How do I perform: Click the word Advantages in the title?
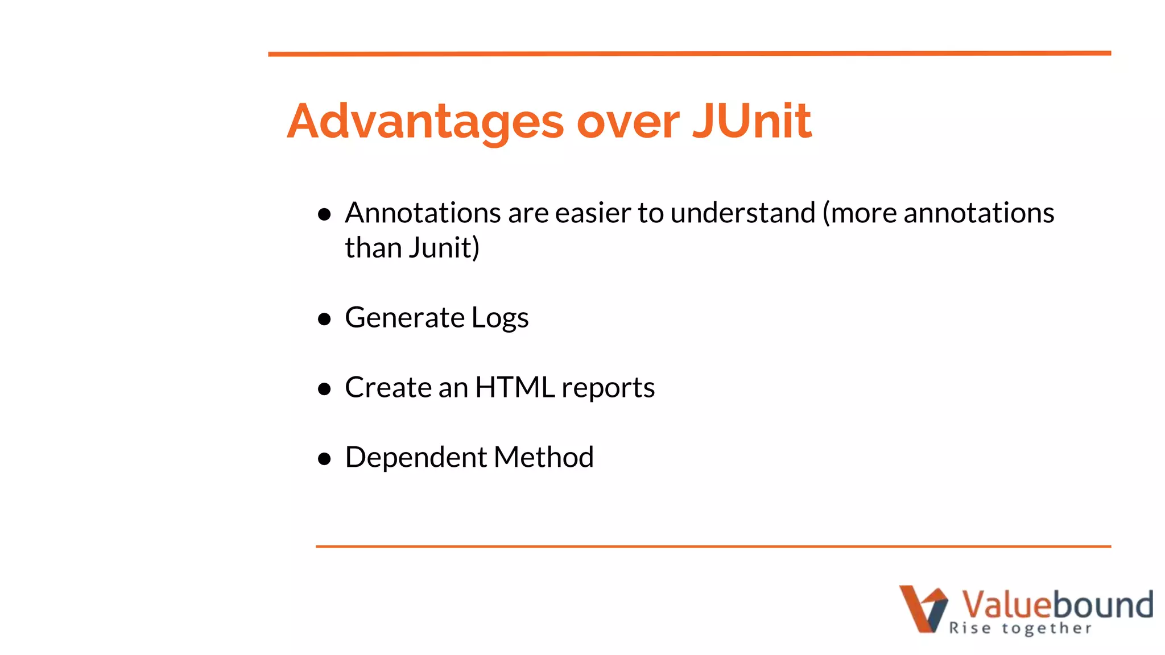425,122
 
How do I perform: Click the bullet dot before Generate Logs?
325,319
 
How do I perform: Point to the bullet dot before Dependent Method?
325,459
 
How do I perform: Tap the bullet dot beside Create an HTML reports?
325,389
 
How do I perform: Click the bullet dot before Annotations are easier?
325,214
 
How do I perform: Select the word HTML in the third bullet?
515,388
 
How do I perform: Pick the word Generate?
404,317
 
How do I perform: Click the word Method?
544,457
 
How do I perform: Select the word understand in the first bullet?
743,213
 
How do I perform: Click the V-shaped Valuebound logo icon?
923,608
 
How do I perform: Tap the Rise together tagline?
1020,628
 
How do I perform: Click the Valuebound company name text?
1057,604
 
